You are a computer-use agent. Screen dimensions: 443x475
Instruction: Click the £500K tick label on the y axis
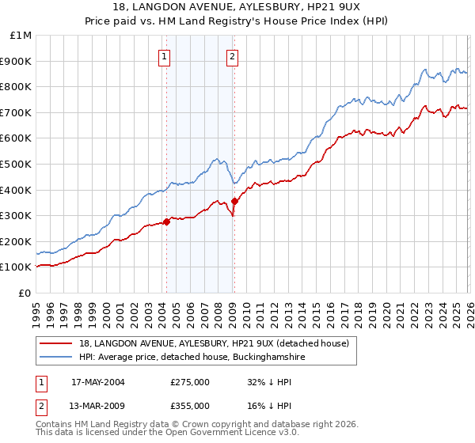pyautogui.click(x=15, y=165)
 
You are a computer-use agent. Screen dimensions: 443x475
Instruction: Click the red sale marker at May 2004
pyautogui.click(x=166, y=221)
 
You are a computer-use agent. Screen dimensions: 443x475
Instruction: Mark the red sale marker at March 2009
pyautogui.click(x=234, y=201)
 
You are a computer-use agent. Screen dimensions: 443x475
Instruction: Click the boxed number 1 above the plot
pyautogui.click(x=164, y=56)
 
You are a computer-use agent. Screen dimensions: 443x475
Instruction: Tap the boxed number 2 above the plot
pyautogui.click(x=233, y=56)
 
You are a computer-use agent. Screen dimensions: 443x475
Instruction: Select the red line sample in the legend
pyautogui.click(x=56, y=343)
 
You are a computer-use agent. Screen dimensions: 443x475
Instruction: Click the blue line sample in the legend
pyautogui.click(x=56, y=357)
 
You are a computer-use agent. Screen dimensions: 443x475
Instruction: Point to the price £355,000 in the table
pyautogui.click(x=189, y=405)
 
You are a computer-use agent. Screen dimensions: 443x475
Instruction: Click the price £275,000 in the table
pyautogui.click(x=189, y=382)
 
